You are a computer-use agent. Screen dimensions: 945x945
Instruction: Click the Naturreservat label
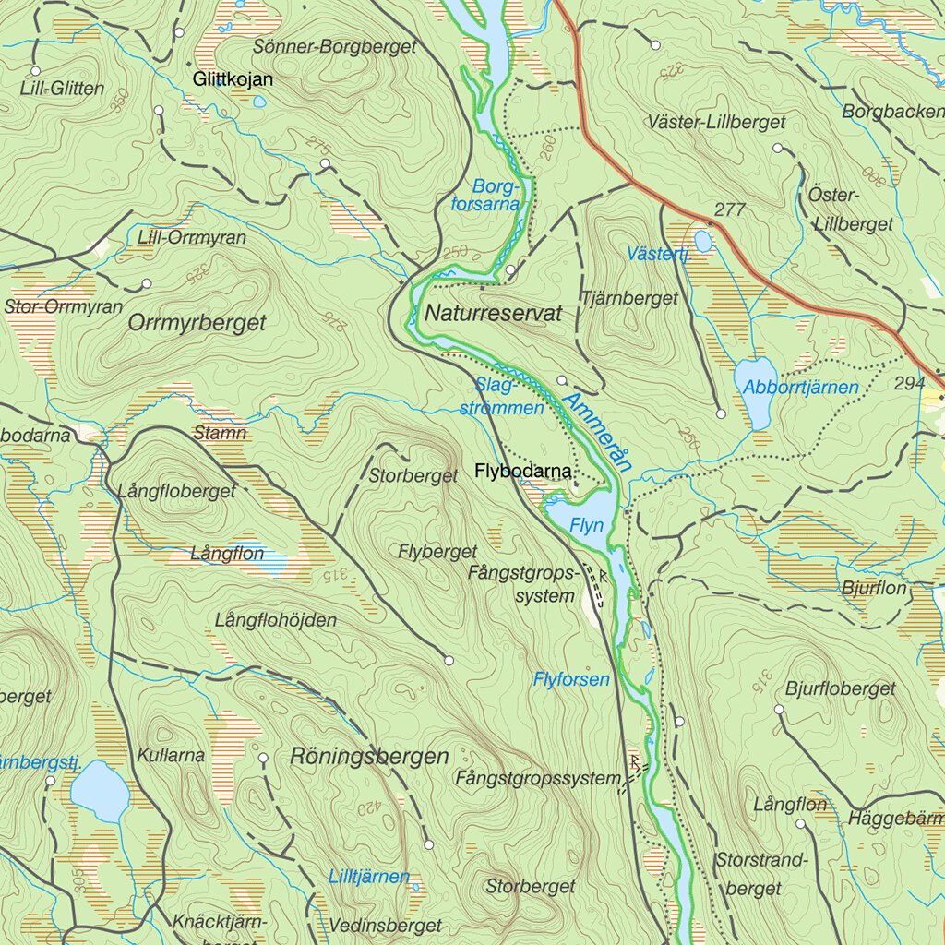493,314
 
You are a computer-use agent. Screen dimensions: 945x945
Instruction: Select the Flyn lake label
587,526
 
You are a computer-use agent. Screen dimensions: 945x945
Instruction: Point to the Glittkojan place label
233,80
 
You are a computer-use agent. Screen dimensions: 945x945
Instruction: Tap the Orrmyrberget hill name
197,323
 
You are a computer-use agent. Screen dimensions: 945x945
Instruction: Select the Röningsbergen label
369,757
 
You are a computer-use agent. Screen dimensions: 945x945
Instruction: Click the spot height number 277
729,209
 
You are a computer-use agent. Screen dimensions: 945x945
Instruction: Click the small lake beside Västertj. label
703,242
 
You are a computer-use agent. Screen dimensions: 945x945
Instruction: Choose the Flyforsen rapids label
571,680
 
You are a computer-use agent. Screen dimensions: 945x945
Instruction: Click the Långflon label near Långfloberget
227,555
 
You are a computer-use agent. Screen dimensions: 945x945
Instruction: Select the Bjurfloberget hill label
840,688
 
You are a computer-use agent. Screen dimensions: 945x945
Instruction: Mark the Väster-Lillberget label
716,122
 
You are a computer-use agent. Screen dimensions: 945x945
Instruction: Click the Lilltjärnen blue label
369,877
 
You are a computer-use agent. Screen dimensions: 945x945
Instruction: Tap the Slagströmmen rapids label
502,398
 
